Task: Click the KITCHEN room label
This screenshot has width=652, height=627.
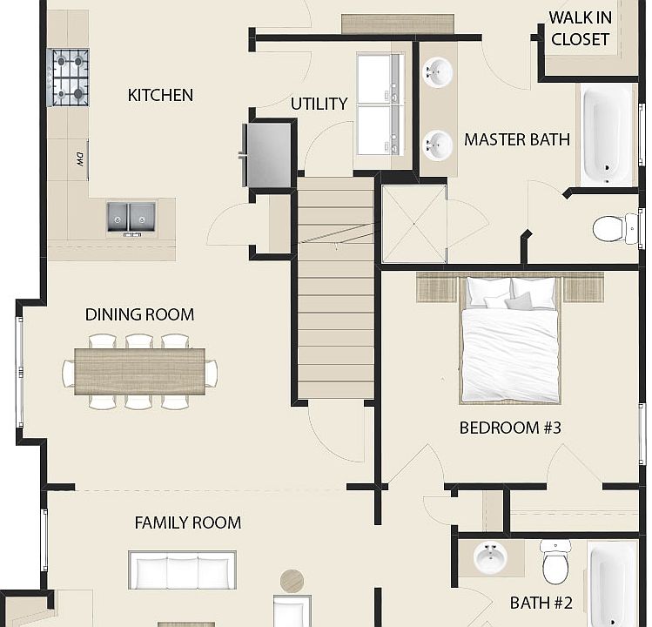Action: coord(160,95)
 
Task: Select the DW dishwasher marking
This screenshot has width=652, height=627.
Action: coord(80,159)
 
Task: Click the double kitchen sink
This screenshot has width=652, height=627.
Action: coord(131,217)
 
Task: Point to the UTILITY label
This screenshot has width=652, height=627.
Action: coord(319,104)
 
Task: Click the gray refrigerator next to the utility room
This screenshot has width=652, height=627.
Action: coord(267,155)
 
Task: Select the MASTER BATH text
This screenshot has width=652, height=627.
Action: coord(517,140)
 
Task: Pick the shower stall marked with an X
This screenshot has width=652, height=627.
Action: coord(414,224)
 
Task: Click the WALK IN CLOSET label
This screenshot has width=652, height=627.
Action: coord(580,29)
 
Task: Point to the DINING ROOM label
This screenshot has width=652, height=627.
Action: coord(139,314)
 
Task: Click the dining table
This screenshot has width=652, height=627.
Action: coord(139,372)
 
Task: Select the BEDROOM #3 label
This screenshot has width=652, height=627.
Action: coord(510,428)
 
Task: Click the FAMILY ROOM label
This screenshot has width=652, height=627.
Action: coord(188,523)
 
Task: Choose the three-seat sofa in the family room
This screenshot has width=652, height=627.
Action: coord(182,570)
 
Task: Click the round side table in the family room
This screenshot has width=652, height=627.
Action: coord(292,580)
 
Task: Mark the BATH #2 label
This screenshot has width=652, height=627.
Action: coord(541,603)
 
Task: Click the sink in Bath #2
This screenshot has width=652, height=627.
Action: coord(491,556)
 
